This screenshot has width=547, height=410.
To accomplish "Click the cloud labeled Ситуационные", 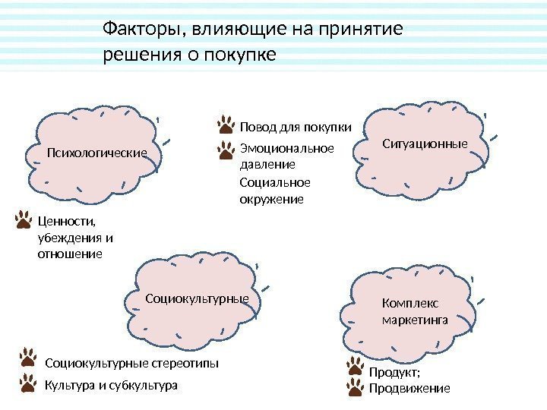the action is tap(425, 143).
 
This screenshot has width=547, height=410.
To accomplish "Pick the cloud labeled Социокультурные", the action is tap(197, 299).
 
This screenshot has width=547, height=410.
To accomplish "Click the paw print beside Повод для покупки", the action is tap(226, 125).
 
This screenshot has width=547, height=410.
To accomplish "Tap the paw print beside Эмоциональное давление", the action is tap(226, 150).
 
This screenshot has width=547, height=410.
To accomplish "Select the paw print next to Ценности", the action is tap(24, 221).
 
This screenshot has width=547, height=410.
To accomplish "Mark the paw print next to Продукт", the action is tap(356, 369).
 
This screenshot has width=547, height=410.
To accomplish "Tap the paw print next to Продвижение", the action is tap(356, 389).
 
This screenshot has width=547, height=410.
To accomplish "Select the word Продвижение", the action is tap(409, 389).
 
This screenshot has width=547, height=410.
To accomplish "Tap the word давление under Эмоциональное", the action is tap(267, 164).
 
